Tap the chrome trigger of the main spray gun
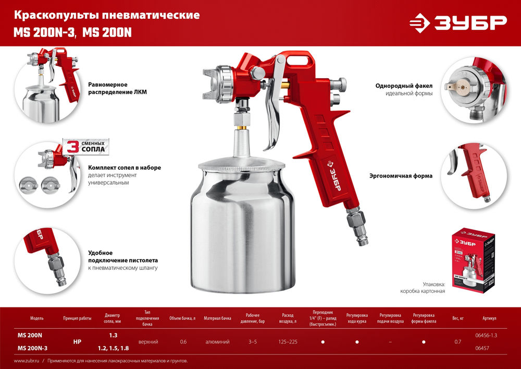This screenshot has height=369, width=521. tap(274, 115)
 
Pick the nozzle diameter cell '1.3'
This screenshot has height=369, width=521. tap(113, 335)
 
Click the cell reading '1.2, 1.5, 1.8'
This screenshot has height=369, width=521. tap(113, 348)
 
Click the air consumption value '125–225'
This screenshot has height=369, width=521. tap(288, 342)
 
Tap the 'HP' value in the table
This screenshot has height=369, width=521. tap(77, 342)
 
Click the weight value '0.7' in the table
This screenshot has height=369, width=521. tap(457, 342)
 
